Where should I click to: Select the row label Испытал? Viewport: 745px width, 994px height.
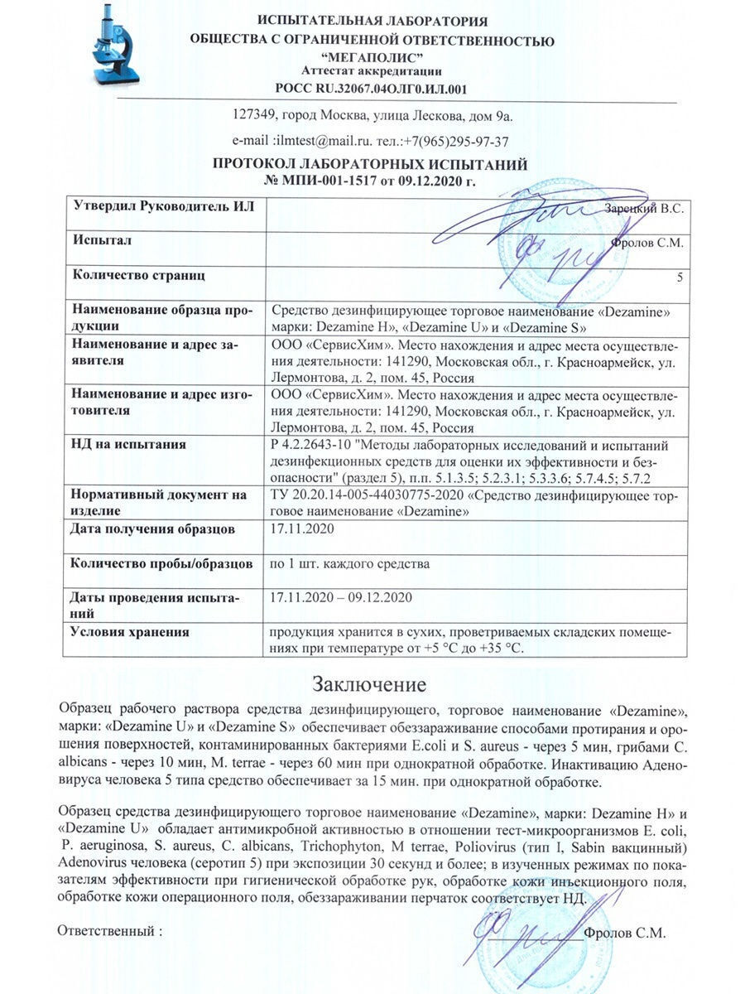[x=103, y=240]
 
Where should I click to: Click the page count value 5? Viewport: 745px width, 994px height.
[x=680, y=277]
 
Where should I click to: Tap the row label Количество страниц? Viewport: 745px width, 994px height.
[x=139, y=274]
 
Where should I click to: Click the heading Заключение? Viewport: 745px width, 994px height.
[x=369, y=684]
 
